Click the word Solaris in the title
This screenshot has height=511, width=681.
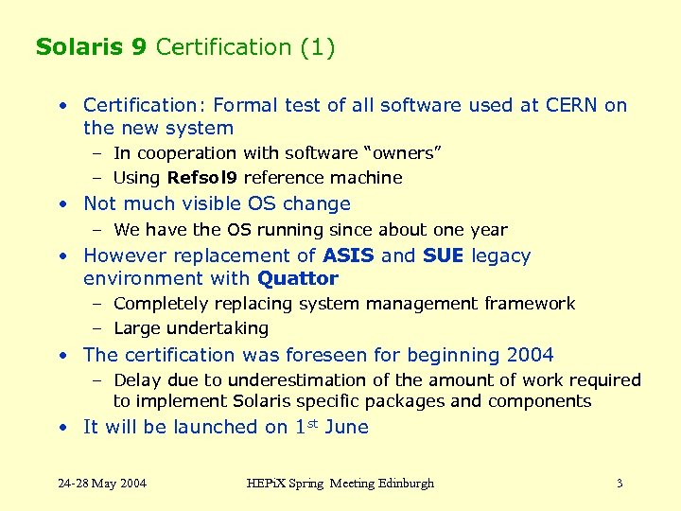click(x=79, y=47)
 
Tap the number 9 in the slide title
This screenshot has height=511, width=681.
click(x=139, y=47)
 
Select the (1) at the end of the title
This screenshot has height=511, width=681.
click(x=316, y=47)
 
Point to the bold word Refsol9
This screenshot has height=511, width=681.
click(x=202, y=178)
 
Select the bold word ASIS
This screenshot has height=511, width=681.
click(x=348, y=255)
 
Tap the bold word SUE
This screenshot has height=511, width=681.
click(x=443, y=255)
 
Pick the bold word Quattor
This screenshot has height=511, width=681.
click(x=298, y=278)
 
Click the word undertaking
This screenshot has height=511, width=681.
click(x=218, y=328)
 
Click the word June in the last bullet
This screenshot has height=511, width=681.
click(x=346, y=427)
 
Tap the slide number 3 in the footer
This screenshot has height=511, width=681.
click(x=620, y=484)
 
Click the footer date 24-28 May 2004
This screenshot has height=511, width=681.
click(x=102, y=484)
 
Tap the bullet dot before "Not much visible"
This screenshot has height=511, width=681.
click(x=61, y=203)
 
